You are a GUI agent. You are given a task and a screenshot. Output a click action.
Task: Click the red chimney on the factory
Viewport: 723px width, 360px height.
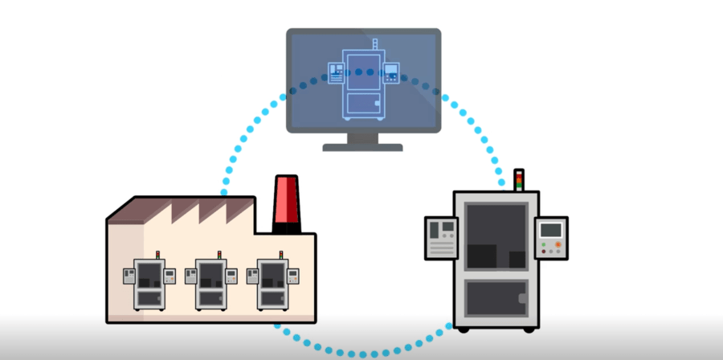286,204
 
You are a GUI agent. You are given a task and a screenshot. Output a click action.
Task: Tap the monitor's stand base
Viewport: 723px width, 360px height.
362,146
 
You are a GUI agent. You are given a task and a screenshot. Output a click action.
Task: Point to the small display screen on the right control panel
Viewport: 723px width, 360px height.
550,231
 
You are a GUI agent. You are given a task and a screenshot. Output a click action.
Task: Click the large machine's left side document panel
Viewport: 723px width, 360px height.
441,236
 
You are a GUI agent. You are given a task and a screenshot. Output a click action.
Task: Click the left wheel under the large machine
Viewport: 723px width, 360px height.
463,328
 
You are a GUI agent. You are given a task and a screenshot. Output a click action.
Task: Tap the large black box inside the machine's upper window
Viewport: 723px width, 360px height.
483,256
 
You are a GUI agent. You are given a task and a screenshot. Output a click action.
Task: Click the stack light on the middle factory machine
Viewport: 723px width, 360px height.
219,256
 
